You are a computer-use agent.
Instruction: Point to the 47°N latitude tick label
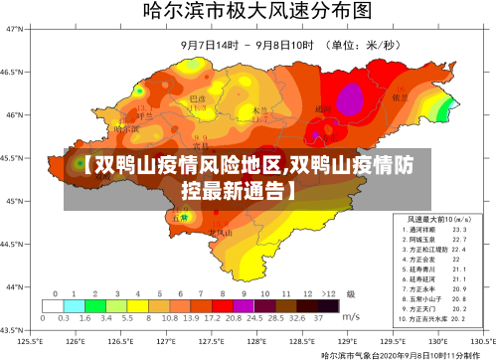15,29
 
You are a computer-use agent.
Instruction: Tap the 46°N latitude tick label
15,115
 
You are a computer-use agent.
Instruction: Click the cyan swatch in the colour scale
69,305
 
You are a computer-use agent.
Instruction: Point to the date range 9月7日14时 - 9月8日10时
248,46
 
